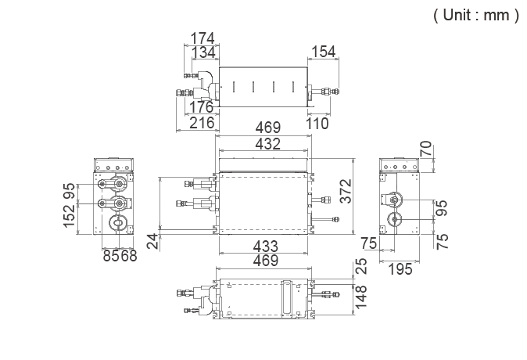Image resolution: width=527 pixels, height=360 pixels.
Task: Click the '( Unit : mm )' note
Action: (x=475, y=16)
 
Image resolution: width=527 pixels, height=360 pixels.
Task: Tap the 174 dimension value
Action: (x=203, y=38)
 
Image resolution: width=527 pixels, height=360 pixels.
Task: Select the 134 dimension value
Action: (x=203, y=52)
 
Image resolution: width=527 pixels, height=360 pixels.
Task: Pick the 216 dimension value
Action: (x=201, y=123)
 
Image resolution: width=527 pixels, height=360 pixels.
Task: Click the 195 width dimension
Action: (x=400, y=269)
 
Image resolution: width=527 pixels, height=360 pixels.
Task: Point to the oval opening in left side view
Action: (x=117, y=223)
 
